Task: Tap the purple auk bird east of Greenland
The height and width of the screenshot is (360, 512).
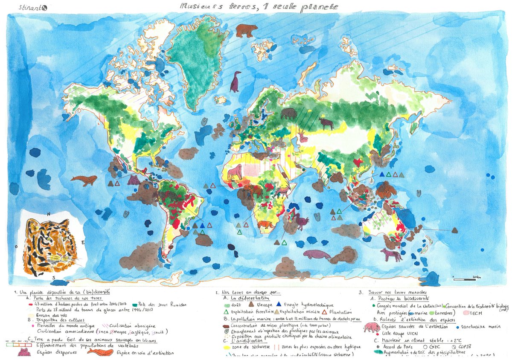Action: [235, 82]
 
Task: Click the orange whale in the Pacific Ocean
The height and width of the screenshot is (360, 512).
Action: [84, 180]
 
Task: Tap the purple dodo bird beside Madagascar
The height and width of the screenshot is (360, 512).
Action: [302, 221]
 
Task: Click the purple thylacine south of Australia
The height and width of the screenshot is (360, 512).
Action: [392, 255]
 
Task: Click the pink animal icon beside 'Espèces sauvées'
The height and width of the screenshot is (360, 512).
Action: [372, 327]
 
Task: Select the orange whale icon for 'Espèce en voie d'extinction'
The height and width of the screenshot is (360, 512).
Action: [100, 352]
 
